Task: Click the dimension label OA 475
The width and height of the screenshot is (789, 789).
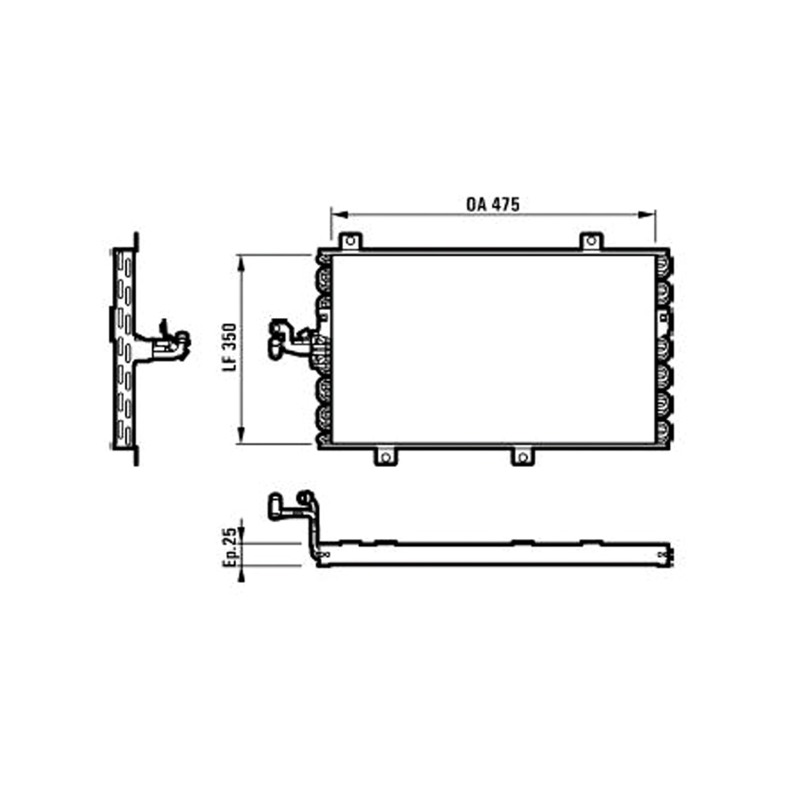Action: coord(492,204)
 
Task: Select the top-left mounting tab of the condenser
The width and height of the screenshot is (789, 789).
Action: coord(349,241)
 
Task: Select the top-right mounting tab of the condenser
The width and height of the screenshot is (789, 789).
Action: coord(590,241)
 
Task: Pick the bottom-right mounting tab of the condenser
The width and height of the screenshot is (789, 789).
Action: coord(522,457)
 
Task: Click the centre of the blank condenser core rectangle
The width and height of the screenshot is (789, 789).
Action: coord(493,349)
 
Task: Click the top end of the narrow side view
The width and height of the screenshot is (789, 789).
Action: coord(136,237)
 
